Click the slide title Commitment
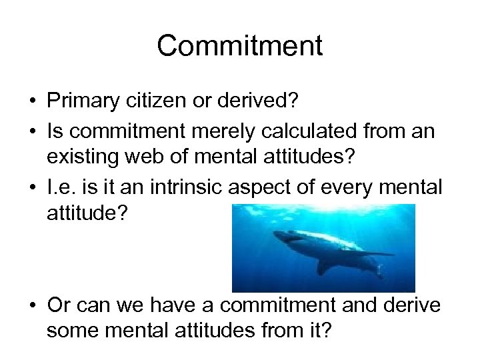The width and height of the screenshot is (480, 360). tap(240, 47)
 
